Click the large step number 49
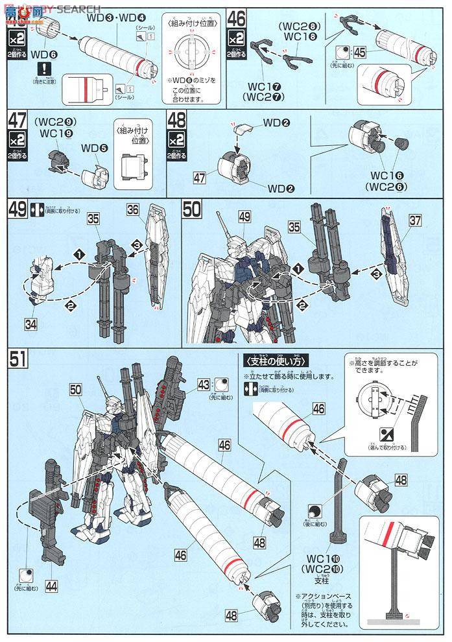pyautogui.click(x=18, y=210)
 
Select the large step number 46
pyautogui.click(x=237, y=16)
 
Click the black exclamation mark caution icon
pyautogui.click(x=43, y=67)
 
